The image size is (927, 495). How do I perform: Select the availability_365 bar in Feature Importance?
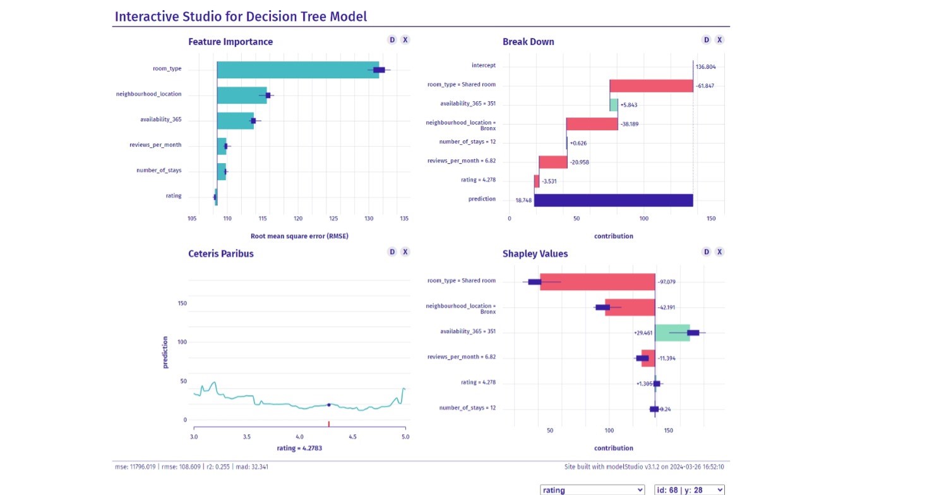[235, 120]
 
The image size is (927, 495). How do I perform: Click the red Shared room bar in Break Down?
[651, 85]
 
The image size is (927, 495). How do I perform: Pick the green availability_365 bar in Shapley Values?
[672, 332]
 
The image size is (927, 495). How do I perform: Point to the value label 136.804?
[705, 66]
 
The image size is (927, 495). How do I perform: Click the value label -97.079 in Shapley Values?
[667, 281]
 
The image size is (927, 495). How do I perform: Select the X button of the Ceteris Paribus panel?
[405, 252]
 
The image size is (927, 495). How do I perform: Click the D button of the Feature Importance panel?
[392, 40]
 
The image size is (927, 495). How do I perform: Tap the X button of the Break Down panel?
[719, 40]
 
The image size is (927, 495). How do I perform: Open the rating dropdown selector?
[592, 490]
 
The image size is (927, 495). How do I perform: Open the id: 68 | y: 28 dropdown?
[689, 490]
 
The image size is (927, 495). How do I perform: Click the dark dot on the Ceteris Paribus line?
[328, 405]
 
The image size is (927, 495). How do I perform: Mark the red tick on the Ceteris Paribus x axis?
[328, 424]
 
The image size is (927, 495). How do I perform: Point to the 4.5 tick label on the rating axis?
[352, 436]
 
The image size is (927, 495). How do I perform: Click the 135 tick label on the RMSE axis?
[404, 219]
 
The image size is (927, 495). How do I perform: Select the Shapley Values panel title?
[535, 254]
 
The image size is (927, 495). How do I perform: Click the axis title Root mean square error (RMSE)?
[299, 236]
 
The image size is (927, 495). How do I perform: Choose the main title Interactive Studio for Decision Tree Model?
[241, 16]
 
